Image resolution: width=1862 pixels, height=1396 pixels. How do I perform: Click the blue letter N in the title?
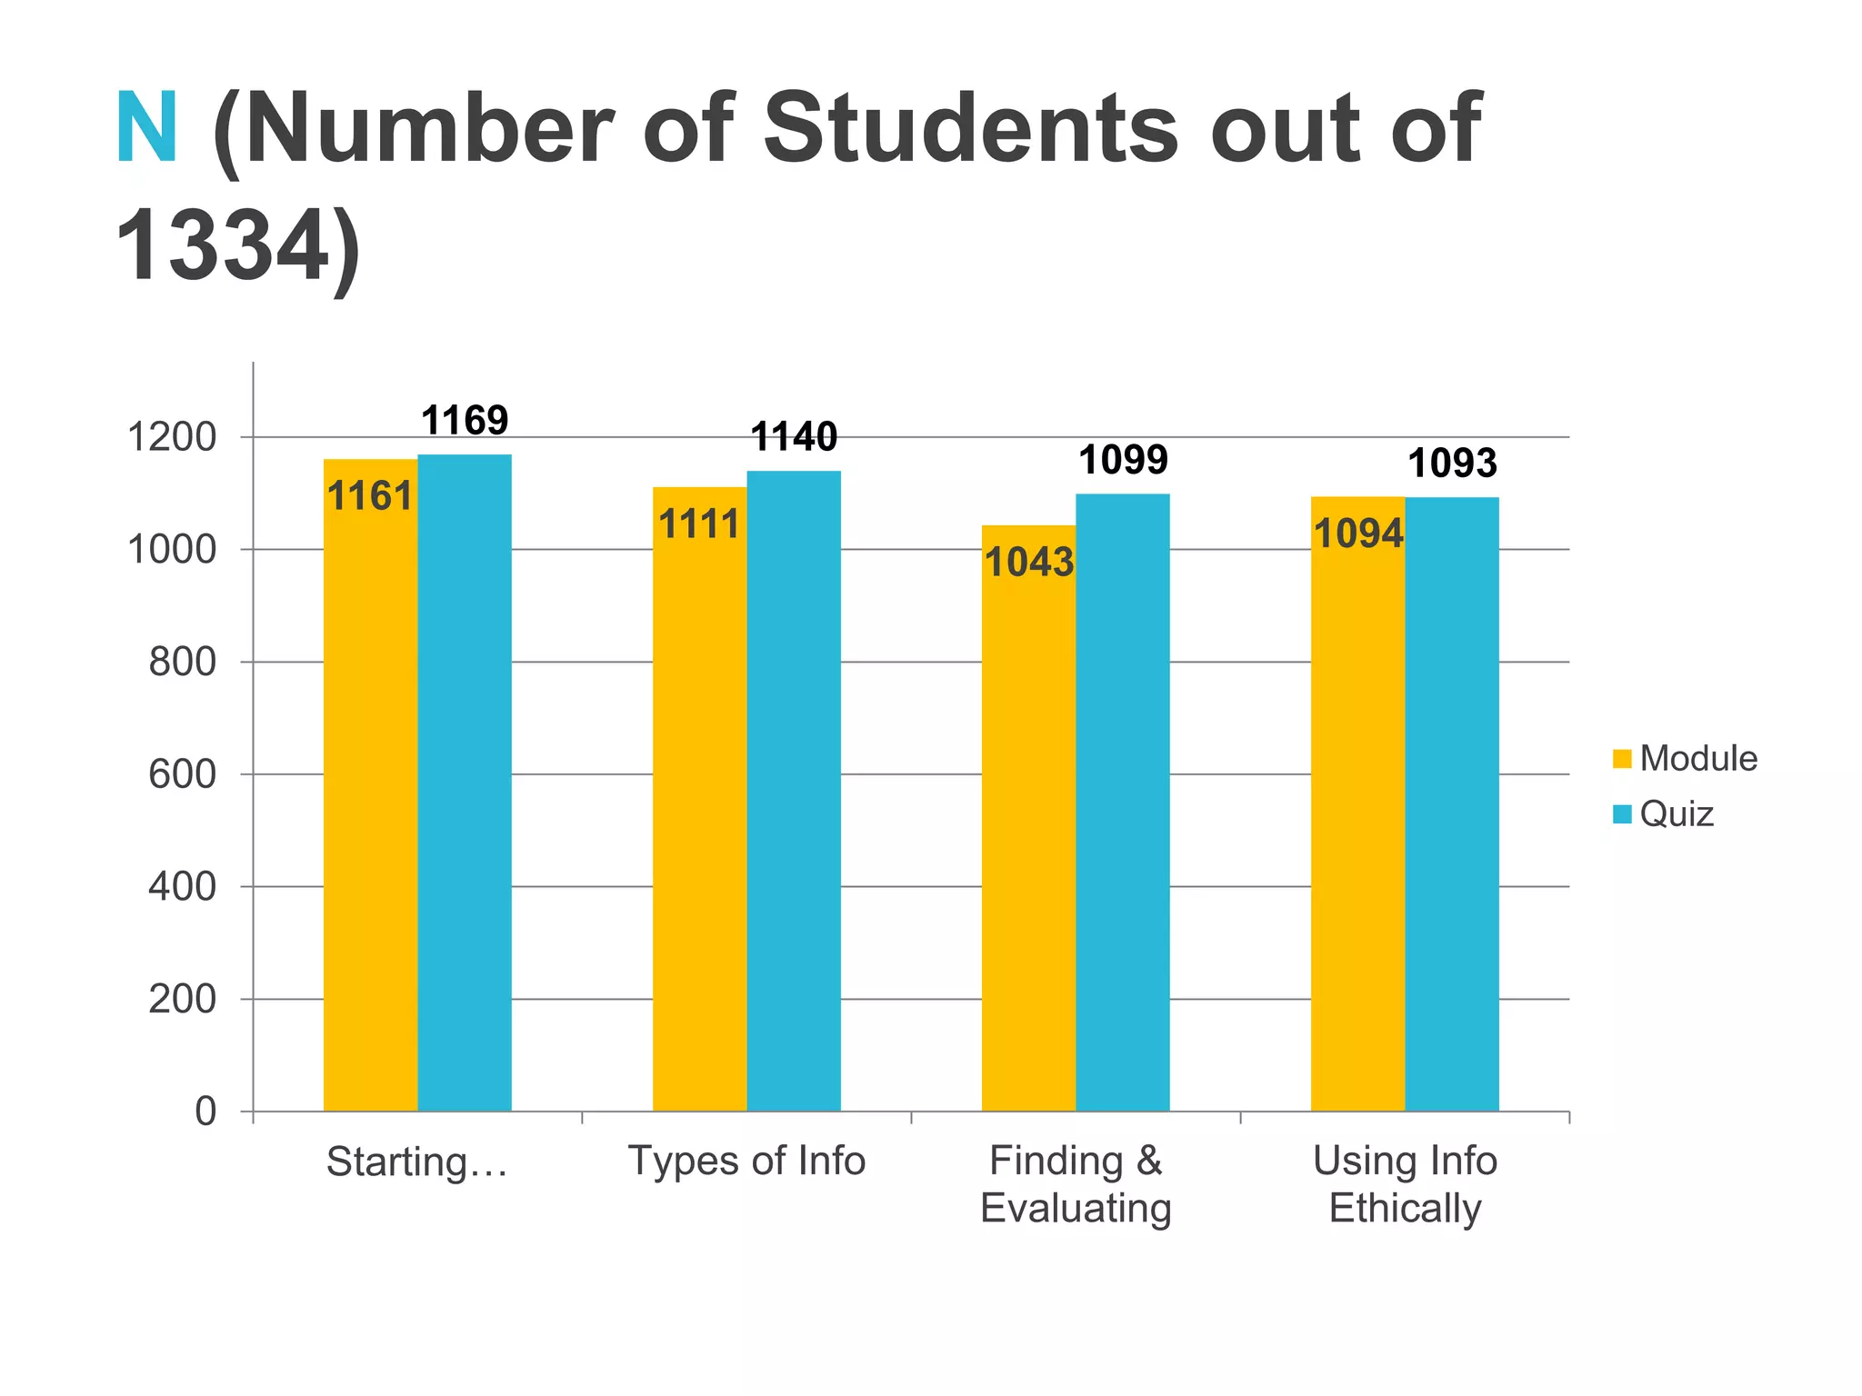[x=146, y=129]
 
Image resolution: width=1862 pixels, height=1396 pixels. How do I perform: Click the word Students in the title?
[x=970, y=129]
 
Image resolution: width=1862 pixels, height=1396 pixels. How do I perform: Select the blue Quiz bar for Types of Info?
[x=794, y=791]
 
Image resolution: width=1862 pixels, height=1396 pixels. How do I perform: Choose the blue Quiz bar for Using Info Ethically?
[x=1452, y=803]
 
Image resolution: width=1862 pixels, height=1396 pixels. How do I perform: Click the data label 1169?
[x=465, y=421]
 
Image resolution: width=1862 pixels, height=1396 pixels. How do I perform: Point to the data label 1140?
[x=794, y=437]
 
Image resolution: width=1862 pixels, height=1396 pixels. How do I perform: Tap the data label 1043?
[x=1029, y=563]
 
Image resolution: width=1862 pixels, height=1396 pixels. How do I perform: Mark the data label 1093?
[x=1452, y=464]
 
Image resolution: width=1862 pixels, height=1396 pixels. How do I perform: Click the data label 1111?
[x=699, y=525]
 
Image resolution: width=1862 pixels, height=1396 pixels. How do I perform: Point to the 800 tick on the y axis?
[x=183, y=662]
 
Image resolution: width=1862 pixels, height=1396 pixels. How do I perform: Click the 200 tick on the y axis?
[x=183, y=999]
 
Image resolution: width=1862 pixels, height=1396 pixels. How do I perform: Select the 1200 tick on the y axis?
[x=172, y=437]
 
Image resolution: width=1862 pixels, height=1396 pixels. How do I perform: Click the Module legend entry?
[x=1697, y=758]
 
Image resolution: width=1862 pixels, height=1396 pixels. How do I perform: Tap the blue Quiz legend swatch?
[x=1622, y=813]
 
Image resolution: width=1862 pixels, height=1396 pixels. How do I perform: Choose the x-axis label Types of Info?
[x=746, y=1161]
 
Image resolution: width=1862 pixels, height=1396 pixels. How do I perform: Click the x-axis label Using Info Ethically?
[x=1405, y=1184]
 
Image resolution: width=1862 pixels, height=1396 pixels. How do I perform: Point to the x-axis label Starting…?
[x=416, y=1162]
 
